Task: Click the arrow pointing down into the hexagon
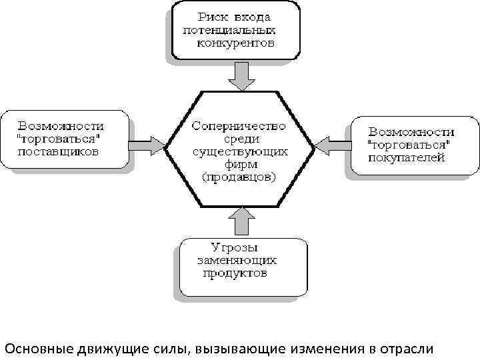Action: pos(239,77)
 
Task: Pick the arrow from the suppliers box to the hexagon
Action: pos(148,145)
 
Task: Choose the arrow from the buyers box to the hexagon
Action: pos(331,145)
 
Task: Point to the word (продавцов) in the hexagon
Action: pos(239,177)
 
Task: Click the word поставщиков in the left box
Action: pos(59,151)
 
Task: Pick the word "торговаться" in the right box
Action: pos(409,145)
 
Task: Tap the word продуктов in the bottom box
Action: pos(232,274)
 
